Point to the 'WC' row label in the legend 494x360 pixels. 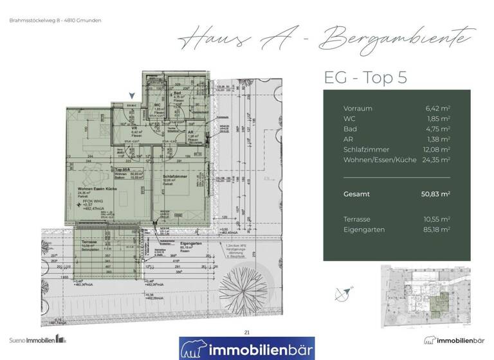[x=349, y=119]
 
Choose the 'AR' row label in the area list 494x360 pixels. [x=348, y=139]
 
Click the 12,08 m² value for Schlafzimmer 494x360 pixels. [x=435, y=149]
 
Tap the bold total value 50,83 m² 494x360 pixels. [x=434, y=194]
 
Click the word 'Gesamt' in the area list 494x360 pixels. [x=356, y=194]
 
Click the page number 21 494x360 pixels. [x=247, y=332]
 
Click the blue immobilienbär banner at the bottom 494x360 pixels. [x=247, y=348]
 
